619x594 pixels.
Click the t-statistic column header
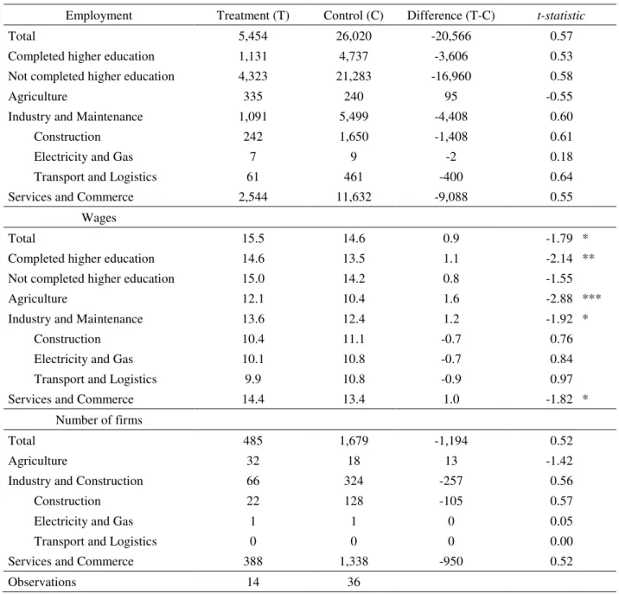561,16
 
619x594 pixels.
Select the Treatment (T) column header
253,16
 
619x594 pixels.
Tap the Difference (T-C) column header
450,16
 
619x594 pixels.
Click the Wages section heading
99,218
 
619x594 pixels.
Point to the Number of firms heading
99,420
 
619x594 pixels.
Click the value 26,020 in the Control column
354,36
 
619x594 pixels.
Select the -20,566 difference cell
450,36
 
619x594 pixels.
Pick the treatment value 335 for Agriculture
253,96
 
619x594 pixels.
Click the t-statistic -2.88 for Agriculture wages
559,298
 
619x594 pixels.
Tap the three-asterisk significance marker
591,297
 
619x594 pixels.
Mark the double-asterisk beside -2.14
589,257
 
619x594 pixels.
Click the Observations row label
42,582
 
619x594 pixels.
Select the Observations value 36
354,582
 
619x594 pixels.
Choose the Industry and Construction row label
75,481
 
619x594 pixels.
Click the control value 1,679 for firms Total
354,440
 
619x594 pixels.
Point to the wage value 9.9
253,380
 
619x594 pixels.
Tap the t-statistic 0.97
561,380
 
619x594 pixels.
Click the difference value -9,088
450,196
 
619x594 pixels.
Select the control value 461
354,176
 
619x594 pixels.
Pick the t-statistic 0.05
561,521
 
